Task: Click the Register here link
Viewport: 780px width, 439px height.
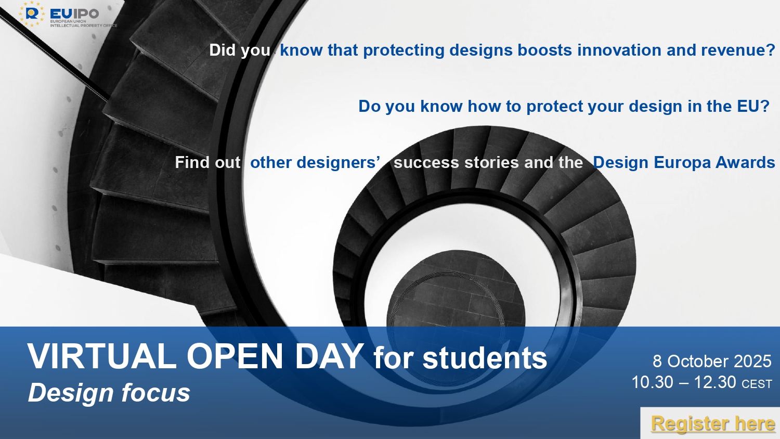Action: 713,424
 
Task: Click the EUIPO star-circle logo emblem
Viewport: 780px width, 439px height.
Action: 32,14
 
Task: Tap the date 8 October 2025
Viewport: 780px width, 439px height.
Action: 712,361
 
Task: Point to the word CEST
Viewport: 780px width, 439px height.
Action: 757,384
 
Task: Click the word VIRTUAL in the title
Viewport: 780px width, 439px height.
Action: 102,356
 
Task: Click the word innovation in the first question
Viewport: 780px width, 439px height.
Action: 619,50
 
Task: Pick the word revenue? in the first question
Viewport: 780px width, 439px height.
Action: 738,50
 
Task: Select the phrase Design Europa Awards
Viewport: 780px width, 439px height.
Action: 684,162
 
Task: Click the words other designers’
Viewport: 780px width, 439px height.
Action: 315,162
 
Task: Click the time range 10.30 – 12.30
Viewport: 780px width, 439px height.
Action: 684,382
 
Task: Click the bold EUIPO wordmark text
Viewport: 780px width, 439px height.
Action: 74,14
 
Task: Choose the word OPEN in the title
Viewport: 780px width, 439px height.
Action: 235,356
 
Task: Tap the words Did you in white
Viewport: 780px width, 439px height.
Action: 240,50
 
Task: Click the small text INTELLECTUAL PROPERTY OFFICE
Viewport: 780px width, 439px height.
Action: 84,25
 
